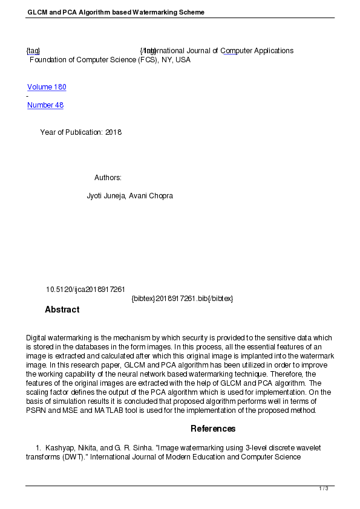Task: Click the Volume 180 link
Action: click(x=47, y=87)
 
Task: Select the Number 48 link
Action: click(x=45, y=105)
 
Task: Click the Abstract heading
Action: click(x=62, y=310)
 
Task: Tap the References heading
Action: click(x=213, y=429)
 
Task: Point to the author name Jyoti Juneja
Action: click(x=106, y=196)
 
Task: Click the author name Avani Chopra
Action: click(x=151, y=196)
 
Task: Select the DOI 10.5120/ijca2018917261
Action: click(x=85, y=290)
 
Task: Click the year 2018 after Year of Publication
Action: click(x=113, y=132)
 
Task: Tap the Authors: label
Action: click(x=108, y=178)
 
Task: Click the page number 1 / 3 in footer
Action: click(x=324, y=488)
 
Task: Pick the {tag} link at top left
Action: click(x=33, y=51)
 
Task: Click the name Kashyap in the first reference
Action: click(x=59, y=447)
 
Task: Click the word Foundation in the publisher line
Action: click(x=48, y=60)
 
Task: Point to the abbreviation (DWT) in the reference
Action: click(x=73, y=457)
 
